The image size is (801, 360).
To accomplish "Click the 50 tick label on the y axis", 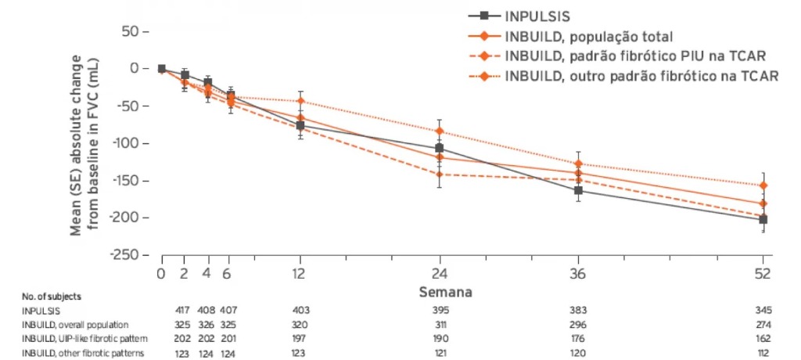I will pyautogui.click(x=128, y=31).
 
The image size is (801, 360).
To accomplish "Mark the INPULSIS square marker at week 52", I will pyautogui.click(x=763, y=220).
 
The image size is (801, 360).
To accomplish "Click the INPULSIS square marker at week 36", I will pyautogui.click(x=578, y=190).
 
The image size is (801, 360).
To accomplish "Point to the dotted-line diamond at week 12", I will pyautogui.click(x=300, y=102).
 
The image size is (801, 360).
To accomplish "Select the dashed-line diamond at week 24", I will pyautogui.click(x=440, y=175).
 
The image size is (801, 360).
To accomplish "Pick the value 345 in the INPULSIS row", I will pyautogui.click(x=763, y=311).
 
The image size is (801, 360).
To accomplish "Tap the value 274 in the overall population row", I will pyautogui.click(x=763, y=324).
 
